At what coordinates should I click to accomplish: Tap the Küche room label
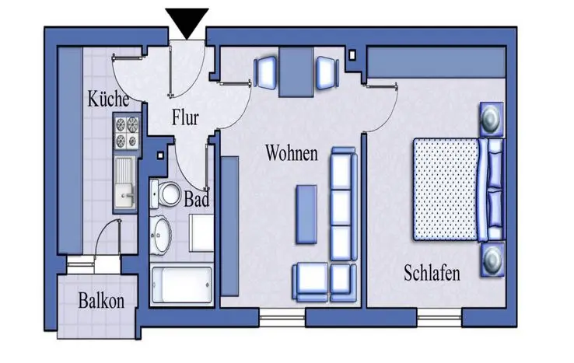pyautogui.click(x=107, y=101)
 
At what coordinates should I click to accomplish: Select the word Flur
pyautogui.click(x=185, y=118)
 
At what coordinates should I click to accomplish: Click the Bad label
pyautogui.click(x=196, y=198)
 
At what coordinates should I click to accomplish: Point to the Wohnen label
pyautogui.click(x=292, y=152)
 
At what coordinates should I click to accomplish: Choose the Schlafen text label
pyautogui.click(x=432, y=273)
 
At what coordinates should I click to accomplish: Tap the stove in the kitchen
pyautogui.click(x=125, y=131)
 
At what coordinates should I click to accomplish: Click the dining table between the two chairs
pyautogui.click(x=296, y=72)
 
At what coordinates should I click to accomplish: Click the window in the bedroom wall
pyautogui.click(x=439, y=318)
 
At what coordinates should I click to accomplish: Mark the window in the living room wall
pyautogui.click(x=282, y=317)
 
